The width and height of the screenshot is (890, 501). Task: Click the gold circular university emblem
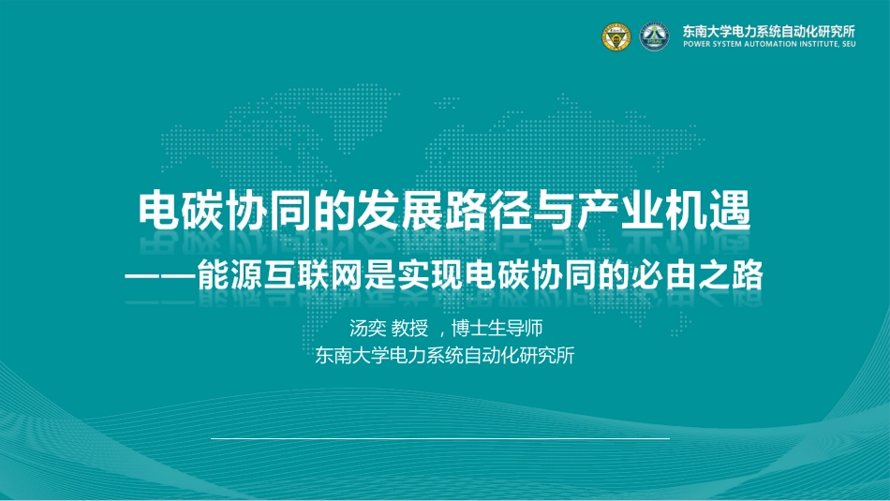tap(616, 37)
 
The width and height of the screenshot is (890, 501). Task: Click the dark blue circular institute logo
tap(654, 37)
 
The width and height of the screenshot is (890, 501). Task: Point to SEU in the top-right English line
tap(848, 44)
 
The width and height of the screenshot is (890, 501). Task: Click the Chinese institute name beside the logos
tap(769, 31)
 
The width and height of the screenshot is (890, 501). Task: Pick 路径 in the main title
tap(488, 211)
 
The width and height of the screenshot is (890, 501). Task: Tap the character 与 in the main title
tap(554, 211)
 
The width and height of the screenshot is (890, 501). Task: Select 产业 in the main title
tap(620, 211)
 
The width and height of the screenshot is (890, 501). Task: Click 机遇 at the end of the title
tap(708, 211)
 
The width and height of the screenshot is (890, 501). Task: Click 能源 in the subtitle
tap(230, 275)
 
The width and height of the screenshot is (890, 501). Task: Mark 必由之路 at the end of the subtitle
tap(699, 275)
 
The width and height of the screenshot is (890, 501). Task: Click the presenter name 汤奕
tap(368, 328)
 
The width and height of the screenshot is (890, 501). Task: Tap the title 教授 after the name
tap(409, 328)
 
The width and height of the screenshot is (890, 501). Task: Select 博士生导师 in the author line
tap(497, 328)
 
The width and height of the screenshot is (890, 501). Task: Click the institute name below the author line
tap(445, 355)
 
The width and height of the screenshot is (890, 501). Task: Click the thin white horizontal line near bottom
tap(440, 438)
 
